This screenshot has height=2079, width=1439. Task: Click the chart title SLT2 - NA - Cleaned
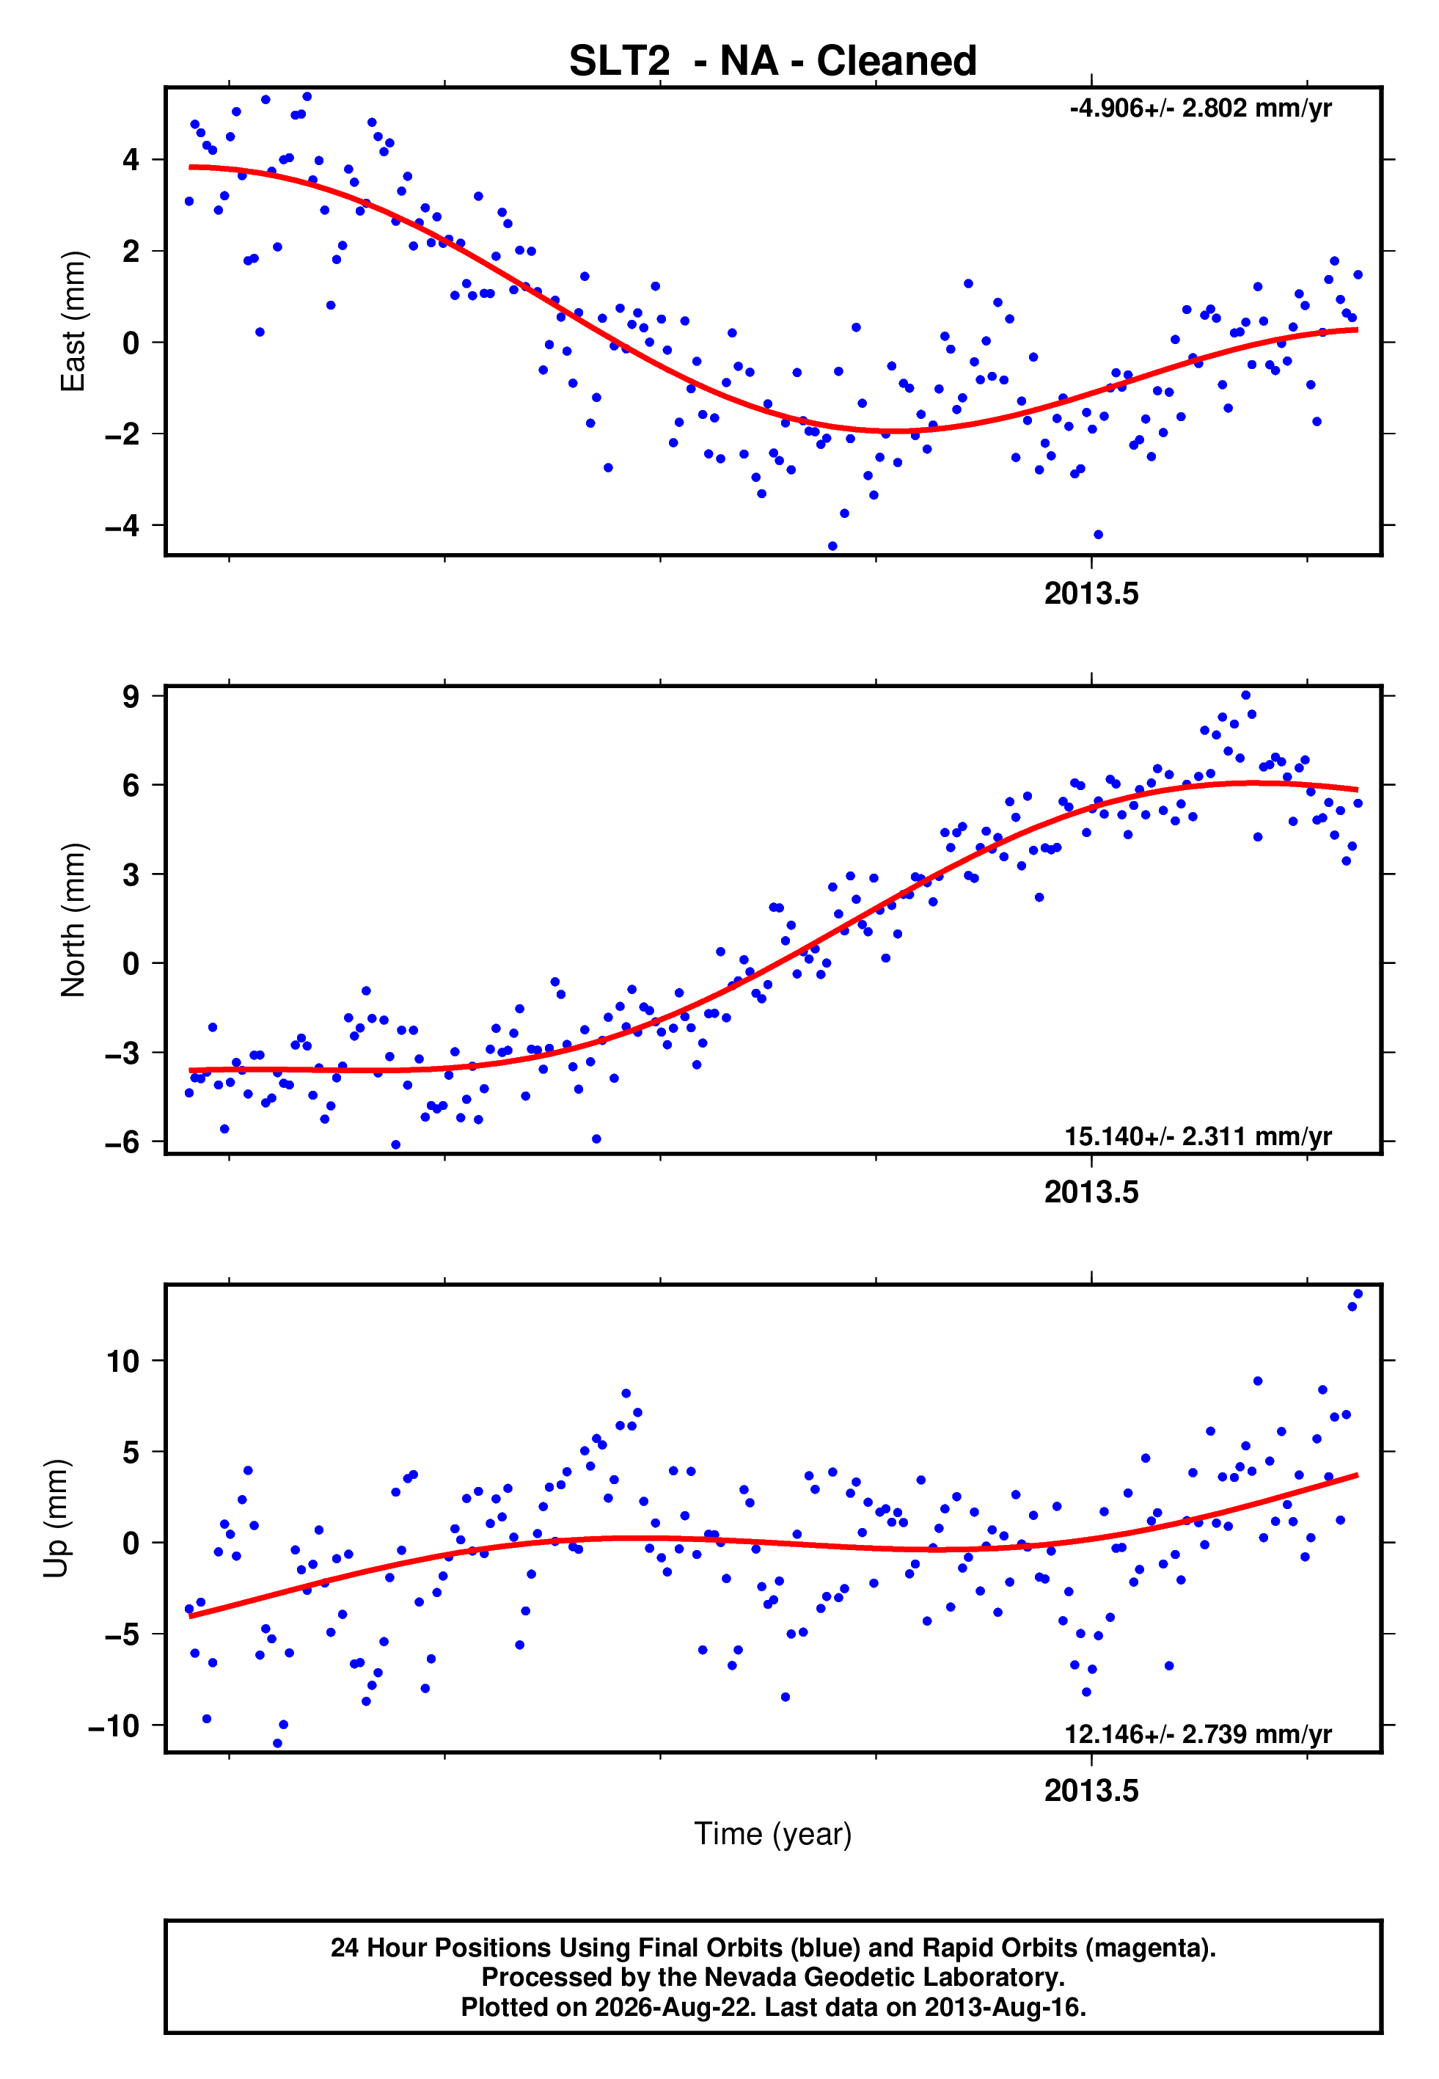click(773, 62)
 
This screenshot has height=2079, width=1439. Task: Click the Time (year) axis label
click(773, 1834)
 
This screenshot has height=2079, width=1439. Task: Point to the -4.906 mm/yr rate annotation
click(1200, 109)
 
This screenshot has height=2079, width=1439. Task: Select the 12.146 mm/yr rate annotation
click(1198, 1733)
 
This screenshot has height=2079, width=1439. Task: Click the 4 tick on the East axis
click(131, 161)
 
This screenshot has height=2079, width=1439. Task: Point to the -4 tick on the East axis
click(122, 525)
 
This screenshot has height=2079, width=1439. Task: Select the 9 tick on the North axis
click(131, 696)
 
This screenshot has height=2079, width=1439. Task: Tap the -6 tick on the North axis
click(122, 1142)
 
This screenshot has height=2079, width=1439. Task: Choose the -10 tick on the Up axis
click(114, 1725)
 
